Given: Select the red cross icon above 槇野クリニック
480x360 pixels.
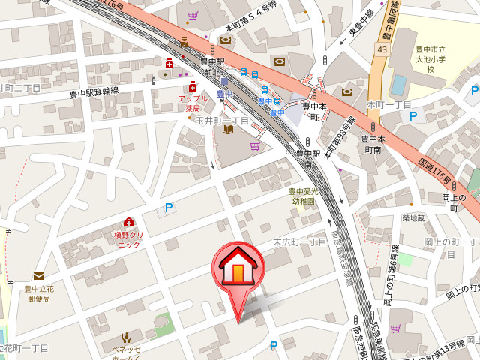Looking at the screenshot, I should click(128, 222).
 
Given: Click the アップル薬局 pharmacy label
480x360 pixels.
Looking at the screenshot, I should click(192, 103).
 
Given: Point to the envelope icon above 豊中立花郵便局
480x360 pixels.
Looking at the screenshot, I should click(38, 276).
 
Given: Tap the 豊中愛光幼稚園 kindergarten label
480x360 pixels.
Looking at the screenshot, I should click(304, 196).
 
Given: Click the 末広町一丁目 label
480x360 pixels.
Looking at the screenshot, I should click(299, 241).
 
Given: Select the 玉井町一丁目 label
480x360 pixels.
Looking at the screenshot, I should click(222, 120).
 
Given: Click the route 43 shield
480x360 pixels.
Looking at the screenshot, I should click(382, 49).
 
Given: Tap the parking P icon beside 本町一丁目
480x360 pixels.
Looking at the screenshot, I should click(412, 116).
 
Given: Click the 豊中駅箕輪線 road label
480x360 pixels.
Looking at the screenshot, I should click(94, 92).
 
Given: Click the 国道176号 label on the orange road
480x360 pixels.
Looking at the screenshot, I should click(435, 172).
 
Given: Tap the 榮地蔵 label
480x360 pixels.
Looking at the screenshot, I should click(413, 218).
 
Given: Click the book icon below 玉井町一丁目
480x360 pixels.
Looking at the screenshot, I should click(229, 130).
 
